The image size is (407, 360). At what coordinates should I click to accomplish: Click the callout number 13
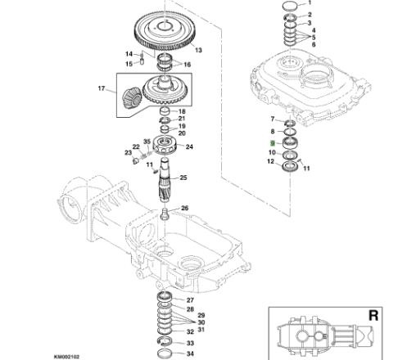click(198, 50)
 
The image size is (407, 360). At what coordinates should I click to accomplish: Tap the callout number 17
click(102, 88)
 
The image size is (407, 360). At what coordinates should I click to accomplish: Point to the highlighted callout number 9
click(272, 143)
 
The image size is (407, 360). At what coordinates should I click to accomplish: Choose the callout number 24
click(189, 146)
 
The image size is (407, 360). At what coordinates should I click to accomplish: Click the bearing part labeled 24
click(165, 145)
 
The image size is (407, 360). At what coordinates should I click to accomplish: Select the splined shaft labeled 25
click(165, 180)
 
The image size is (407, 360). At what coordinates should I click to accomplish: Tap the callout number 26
click(185, 208)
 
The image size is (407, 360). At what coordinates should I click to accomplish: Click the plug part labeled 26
click(165, 214)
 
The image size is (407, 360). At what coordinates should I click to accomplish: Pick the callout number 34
click(190, 353)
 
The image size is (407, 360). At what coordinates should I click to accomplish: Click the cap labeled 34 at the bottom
click(165, 353)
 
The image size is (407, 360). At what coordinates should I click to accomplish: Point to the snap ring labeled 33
click(165, 341)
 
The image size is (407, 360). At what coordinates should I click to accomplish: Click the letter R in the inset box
click(373, 316)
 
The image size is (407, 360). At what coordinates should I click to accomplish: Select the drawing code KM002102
click(66, 357)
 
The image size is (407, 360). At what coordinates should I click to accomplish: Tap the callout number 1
click(310, 2)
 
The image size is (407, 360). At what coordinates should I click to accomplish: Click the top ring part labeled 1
click(290, 5)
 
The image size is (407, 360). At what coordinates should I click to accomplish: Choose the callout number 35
click(147, 142)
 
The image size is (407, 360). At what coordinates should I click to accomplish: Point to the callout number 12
click(270, 161)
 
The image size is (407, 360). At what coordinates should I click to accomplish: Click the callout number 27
click(190, 300)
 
